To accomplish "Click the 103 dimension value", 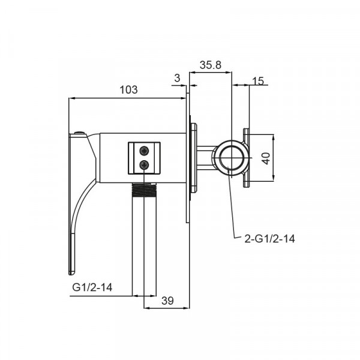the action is (x=128, y=89).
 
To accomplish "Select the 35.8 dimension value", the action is (x=211, y=65).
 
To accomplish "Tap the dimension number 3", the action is (x=177, y=78).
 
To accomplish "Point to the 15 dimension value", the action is (x=258, y=81).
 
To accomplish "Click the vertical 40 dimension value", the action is (x=266, y=158).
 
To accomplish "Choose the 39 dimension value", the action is (x=167, y=301).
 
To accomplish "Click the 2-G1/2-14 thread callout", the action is (x=269, y=239).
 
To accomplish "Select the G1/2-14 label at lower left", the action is (x=92, y=287).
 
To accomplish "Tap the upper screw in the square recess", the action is (x=144, y=151).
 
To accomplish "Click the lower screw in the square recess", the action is (x=144, y=164).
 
